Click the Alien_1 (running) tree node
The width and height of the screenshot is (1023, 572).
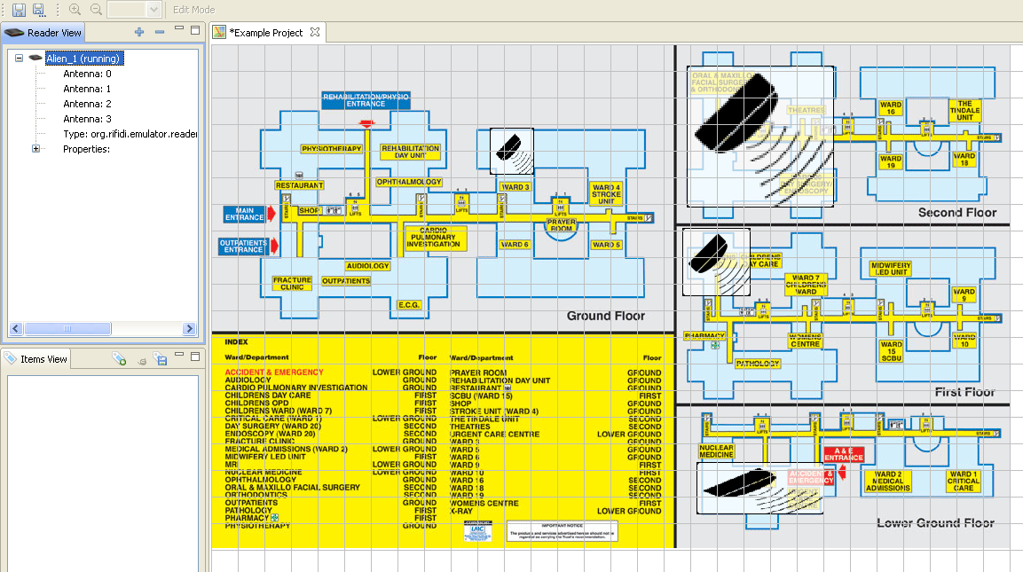click(83, 59)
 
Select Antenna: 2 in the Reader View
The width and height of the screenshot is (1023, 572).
click(87, 104)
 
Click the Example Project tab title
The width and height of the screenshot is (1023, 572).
click(266, 33)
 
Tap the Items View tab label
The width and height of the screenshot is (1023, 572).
click(43, 359)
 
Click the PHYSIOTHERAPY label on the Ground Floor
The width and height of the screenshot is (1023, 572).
click(332, 149)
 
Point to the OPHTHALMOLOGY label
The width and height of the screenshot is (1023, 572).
click(408, 182)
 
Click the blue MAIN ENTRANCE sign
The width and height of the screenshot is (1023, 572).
click(245, 215)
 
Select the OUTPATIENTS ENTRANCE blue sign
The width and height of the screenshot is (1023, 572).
click(243, 246)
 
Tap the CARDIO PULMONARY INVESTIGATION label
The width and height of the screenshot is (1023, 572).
click(434, 237)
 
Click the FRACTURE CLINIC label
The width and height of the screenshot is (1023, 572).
click(292, 284)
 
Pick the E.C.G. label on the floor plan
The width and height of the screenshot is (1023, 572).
click(409, 305)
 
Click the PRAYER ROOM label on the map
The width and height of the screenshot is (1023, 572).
click(561, 225)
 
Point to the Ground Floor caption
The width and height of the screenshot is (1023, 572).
click(606, 316)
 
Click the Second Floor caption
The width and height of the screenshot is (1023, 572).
click(957, 213)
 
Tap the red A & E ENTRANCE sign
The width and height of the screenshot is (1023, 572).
click(843, 453)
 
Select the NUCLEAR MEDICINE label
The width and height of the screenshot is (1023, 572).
click(716, 452)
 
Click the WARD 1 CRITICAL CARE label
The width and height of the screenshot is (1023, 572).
click(963, 482)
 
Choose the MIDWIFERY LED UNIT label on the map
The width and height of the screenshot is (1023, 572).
click(891, 269)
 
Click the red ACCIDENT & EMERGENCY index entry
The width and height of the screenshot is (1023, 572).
click(274, 372)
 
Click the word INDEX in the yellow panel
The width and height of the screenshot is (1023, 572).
click(237, 341)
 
